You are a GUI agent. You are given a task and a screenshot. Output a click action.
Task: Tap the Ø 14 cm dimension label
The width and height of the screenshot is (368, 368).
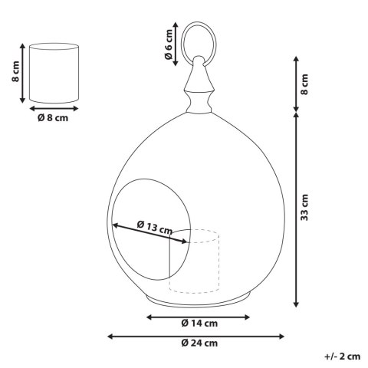point(199,323)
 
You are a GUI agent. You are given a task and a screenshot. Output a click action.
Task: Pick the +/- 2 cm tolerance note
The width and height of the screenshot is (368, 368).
point(342,357)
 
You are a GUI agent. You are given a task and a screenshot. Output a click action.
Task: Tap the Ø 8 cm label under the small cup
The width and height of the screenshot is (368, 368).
point(53,117)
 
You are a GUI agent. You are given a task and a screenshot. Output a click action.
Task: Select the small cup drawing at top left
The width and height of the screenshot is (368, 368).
point(53,74)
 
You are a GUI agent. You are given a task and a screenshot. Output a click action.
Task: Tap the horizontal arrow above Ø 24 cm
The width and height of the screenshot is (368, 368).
point(196,335)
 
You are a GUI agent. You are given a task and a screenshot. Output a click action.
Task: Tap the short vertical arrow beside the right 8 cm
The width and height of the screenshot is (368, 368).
point(297,84)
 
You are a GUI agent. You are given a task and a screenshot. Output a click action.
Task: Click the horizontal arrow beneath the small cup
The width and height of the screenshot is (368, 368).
point(53,109)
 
